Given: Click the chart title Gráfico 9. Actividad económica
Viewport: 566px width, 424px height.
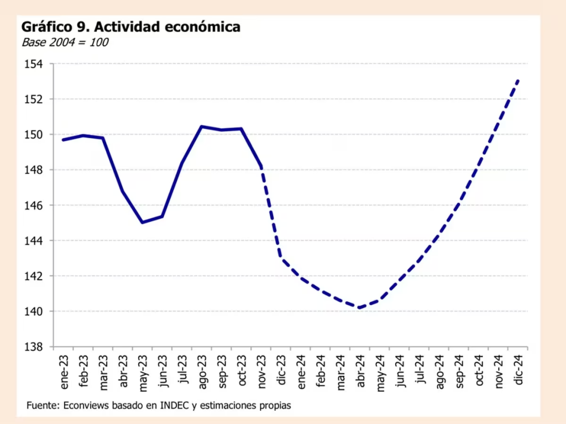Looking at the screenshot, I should point(130,26).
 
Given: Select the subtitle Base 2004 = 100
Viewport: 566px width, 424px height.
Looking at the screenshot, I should point(65,42).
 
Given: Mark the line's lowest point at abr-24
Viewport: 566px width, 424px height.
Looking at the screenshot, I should point(359,308).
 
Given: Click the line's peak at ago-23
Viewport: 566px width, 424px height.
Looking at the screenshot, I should point(202,126).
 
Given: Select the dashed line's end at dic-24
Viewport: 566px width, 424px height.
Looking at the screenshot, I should point(518,80).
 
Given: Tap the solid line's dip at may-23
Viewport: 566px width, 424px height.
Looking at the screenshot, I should point(143,222).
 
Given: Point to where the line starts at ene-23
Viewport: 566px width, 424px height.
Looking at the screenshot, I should point(63,140).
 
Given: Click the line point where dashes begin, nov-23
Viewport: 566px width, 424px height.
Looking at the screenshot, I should point(261,166).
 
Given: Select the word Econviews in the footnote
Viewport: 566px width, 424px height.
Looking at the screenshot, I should point(86,406).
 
